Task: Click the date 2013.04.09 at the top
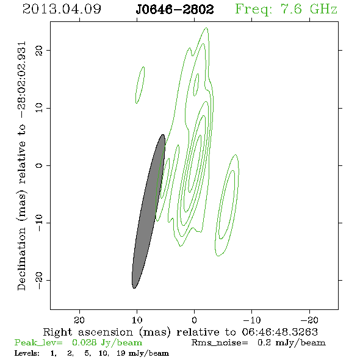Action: [x=62, y=9]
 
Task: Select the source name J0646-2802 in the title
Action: [x=175, y=9]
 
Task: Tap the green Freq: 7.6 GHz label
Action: [x=286, y=9]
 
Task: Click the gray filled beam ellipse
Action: [x=148, y=211]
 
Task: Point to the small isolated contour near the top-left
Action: [x=140, y=85]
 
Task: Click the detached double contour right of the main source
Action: [x=226, y=205]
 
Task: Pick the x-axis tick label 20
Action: [x=79, y=320]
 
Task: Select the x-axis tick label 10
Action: [x=137, y=320]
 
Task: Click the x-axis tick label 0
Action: [x=194, y=320]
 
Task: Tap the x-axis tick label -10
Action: [x=251, y=320]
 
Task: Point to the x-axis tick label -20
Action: [x=309, y=320]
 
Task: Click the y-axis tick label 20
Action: [x=39, y=51]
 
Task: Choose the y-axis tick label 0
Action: [x=39, y=165]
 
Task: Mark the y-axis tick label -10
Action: [x=39, y=223]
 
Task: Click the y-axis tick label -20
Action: [x=39, y=281]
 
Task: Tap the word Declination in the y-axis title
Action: [x=21, y=259]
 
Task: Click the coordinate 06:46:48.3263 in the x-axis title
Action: [x=280, y=332]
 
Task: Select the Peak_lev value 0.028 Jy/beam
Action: [x=107, y=342]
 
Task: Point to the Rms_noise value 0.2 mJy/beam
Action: [x=292, y=342]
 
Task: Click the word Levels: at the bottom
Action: [x=27, y=353]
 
